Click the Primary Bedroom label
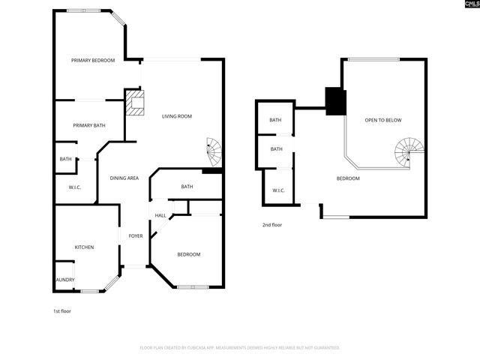click(93, 60)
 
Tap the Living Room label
click(178, 115)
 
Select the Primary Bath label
click(88, 125)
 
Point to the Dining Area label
click(124, 178)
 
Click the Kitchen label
click(83, 247)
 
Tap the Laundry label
click(64, 280)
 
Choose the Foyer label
click(136, 235)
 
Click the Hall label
click(160, 216)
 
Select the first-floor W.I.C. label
click(74, 187)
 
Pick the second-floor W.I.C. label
click(277, 190)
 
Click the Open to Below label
click(383, 120)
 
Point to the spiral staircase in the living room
click(214, 152)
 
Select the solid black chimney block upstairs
click(334, 101)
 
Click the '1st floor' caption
click(61, 310)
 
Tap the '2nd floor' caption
click(271, 224)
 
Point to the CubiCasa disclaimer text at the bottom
click(240, 347)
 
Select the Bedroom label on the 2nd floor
click(348, 178)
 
